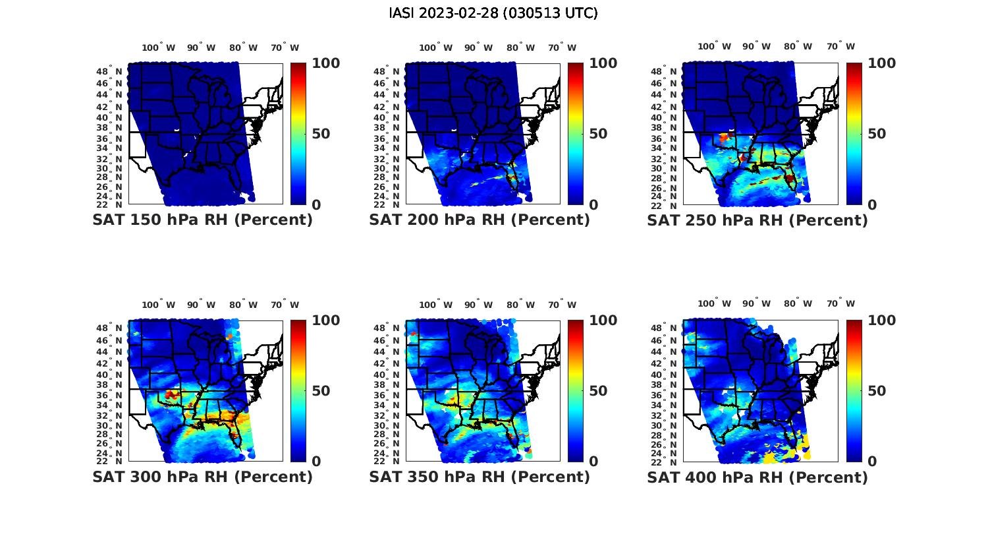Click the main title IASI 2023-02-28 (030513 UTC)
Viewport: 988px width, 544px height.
pos(493,13)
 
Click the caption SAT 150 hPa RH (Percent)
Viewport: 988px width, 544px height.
pos(203,220)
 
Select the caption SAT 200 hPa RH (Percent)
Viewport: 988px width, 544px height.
pos(480,220)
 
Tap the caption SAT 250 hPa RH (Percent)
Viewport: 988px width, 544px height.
pos(757,220)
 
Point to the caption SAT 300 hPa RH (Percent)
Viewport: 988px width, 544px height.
pos(203,477)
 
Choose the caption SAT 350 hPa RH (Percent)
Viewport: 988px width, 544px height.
pos(480,477)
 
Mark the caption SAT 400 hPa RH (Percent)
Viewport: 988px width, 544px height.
pos(757,477)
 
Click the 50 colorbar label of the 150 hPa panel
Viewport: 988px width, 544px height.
pos(321,134)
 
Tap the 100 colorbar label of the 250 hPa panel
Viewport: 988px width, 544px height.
pos(882,63)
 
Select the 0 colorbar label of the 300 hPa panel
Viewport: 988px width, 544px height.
pos(316,462)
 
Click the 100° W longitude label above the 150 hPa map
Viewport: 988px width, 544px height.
pos(159,47)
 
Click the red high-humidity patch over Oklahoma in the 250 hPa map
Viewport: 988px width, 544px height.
pos(725,137)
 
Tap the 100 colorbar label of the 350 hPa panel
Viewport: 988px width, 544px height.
pos(603,320)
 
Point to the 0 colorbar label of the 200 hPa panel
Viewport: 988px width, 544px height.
pos(593,205)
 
